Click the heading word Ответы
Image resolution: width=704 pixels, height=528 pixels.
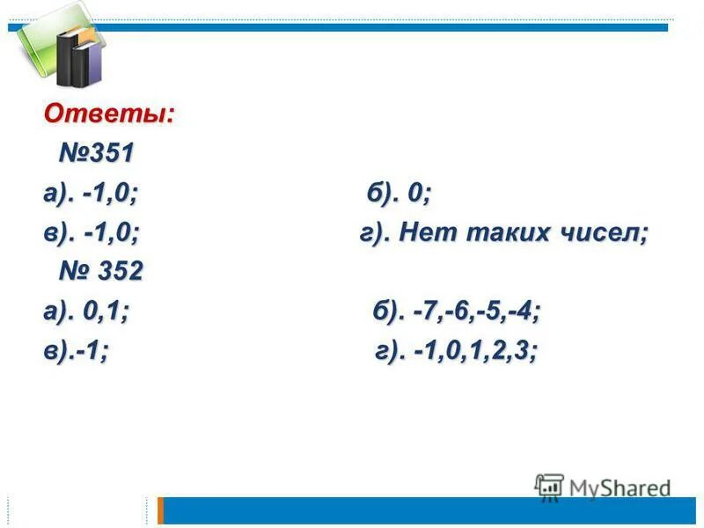tap(109, 114)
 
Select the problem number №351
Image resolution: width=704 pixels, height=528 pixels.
tap(97, 153)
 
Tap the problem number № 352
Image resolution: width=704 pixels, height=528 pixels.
tap(100, 272)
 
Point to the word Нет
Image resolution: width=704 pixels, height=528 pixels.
tap(427, 233)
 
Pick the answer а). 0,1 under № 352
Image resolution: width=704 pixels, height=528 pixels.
tap(86, 312)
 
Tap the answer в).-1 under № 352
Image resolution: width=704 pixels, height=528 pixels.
tap(77, 351)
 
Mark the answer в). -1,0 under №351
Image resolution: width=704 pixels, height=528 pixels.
tap(92, 233)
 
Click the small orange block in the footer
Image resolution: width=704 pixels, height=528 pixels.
tap(160, 510)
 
